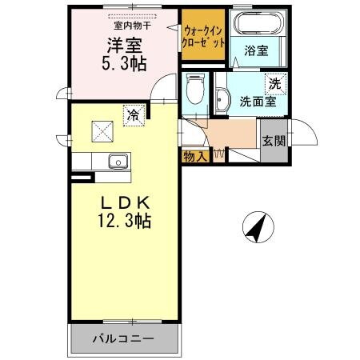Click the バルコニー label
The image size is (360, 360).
126,339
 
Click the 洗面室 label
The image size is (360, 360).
256,102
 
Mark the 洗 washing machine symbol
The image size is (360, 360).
274,83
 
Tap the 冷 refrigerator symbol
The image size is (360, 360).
134,115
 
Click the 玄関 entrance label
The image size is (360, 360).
272,141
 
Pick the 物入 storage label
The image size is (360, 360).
195,156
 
